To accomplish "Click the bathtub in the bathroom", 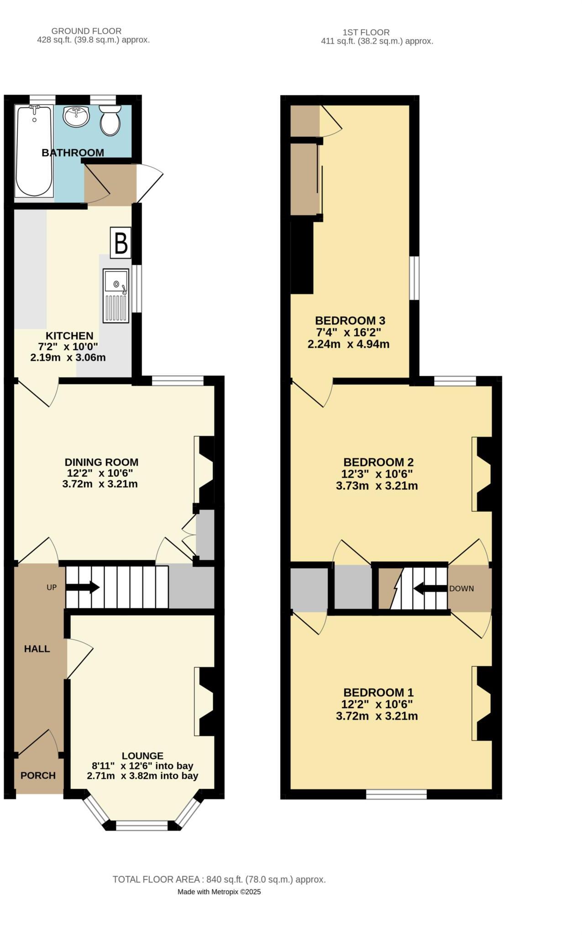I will coord(34,151).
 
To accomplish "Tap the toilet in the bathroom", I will coord(110,120).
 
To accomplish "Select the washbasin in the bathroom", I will coord(76,117).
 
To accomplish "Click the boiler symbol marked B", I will coord(121,243).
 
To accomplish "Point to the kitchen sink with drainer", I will coord(116,296).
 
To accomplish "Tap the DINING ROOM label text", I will coord(101,462).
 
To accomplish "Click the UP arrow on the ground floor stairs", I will coord(83,587).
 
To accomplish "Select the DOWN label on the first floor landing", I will coord(461,588).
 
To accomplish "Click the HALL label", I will coord(37,649).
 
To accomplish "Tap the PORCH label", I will coord(38,775).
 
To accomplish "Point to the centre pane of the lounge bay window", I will coord(142,825).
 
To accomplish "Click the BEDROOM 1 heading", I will coord(378,692).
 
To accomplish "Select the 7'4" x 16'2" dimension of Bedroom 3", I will coord(348,332).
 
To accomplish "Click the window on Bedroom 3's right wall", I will coord(414,278).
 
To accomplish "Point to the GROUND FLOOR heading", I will coord(86,31).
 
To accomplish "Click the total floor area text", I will coord(219,879).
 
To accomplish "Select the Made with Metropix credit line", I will coord(219,892).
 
